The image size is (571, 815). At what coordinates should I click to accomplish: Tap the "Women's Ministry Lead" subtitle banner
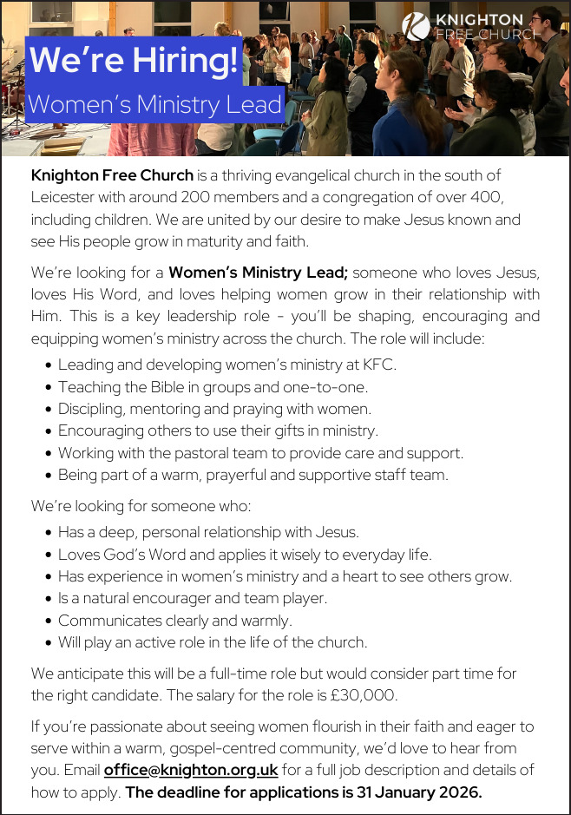click(155, 105)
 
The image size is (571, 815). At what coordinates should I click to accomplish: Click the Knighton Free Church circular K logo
click(417, 26)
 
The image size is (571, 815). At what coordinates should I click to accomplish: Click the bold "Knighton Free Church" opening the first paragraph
click(112, 175)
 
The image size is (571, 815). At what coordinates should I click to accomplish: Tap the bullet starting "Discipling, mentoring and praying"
click(214, 408)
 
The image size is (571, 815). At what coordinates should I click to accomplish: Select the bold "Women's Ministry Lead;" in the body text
click(258, 273)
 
